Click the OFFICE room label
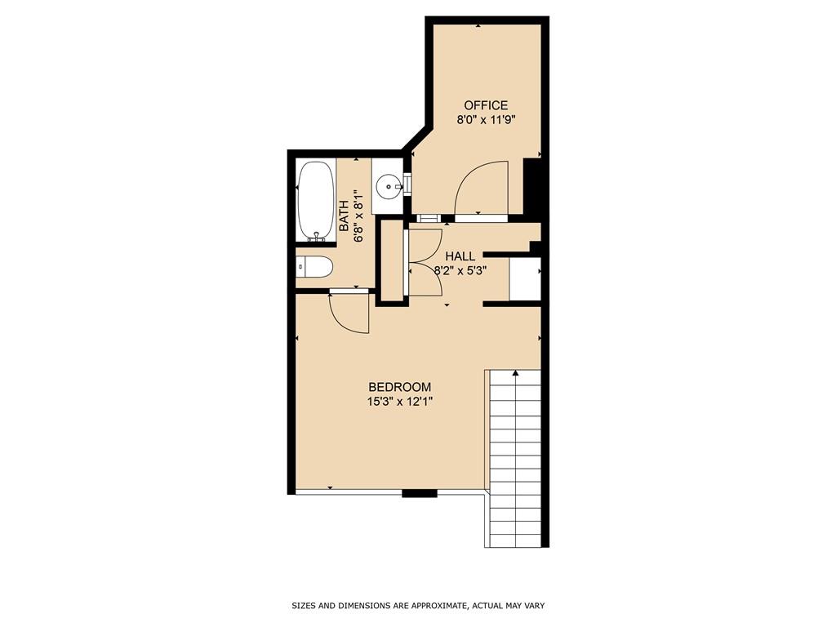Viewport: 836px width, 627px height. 486,105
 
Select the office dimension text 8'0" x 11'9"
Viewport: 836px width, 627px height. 486,119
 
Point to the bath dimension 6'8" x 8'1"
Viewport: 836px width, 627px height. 358,216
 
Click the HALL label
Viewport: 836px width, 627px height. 460,256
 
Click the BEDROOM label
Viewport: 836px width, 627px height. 399,387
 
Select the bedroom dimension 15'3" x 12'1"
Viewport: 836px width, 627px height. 399,401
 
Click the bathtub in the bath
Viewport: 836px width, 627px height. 316,200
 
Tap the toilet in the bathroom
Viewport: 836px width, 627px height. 315,267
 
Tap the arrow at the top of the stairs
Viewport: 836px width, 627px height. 515,374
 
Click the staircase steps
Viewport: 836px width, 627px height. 514,465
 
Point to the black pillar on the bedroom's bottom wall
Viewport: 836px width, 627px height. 420,492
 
